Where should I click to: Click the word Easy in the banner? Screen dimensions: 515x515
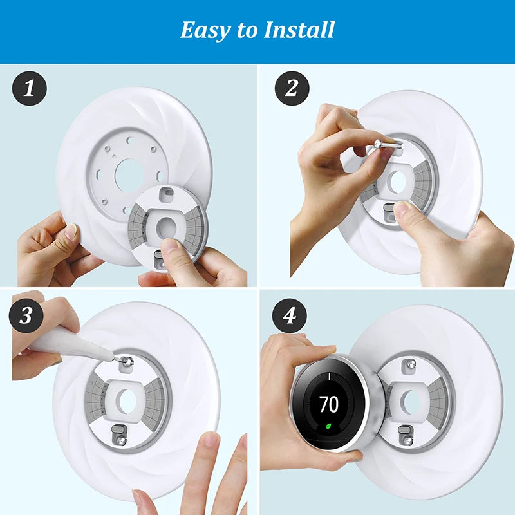(x=205, y=30)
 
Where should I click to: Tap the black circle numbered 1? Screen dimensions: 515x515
(x=29, y=88)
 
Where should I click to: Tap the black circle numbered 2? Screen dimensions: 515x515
(x=292, y=88)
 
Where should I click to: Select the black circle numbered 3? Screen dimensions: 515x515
(x=26, y=315)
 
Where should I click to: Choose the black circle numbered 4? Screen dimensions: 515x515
(x=289, y=315)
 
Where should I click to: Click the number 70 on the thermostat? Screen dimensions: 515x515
(x=329, y=404)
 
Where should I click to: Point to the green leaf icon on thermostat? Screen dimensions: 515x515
(x=328, y=426)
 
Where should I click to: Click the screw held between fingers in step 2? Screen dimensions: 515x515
(x=387, y=144)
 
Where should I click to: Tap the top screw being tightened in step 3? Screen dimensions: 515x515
(x=126, y=362)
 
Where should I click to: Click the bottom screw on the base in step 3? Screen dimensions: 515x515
(x=121, y=441)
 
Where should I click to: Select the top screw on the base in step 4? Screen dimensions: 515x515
(x=411, y=364)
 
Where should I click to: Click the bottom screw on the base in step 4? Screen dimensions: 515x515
(x=407, y=441)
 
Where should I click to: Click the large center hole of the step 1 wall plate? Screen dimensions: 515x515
(x=129, y=175)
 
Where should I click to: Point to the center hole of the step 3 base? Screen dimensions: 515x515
(x=126, y=401)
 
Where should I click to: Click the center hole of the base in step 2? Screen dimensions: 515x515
(x=398, y=182)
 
